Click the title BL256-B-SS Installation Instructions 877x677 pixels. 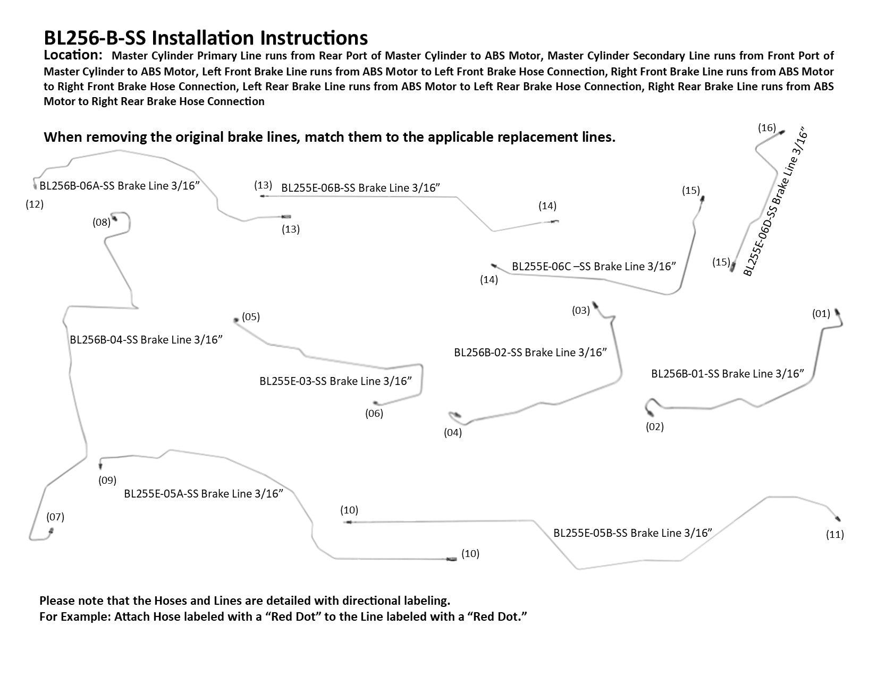click(x=205, y=38)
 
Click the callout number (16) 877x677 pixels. click(x=766, y=128)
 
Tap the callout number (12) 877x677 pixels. click(x=35, y=204)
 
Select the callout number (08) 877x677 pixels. click(x=102, y=222)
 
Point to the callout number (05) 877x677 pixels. click(x=250, y=317)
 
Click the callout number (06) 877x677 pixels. click(x=374, y=413)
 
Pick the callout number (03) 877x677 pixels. click(x=581, y=311)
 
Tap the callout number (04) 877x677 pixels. click(x=453, y=433)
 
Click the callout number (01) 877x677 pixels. click(x=821, y=314)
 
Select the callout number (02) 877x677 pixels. click(x=655, y=427)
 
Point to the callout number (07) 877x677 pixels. click(x=55, y=517)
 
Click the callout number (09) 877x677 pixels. click(x=107, y=481)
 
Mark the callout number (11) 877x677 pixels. click(x=835, y=535)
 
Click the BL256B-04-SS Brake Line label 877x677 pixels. click(x=146, y=340)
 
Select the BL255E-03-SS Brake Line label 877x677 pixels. click(x=336, y=381)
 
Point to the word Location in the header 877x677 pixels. click(x=73, y=55)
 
